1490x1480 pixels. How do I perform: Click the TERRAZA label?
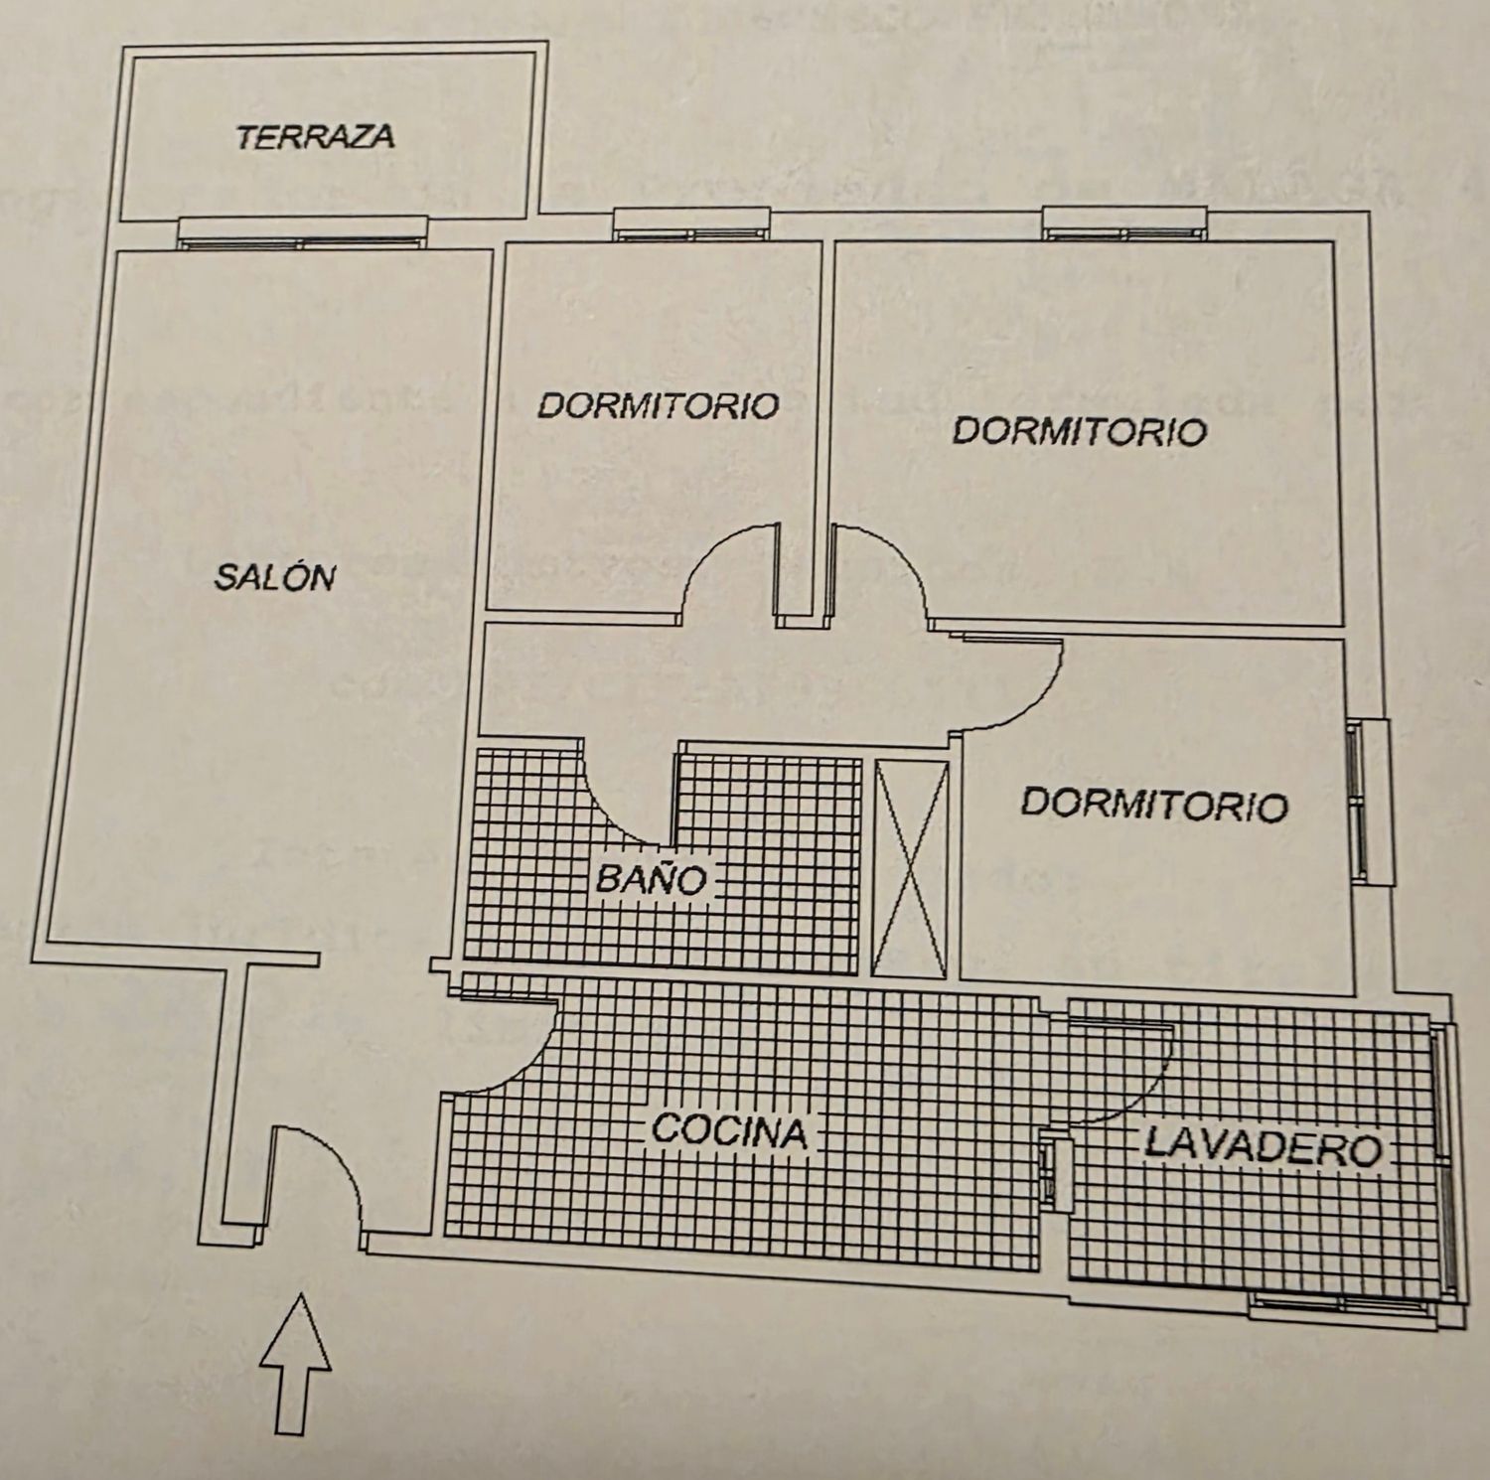pos(316,136)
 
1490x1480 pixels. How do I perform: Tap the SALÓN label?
pos(275,576)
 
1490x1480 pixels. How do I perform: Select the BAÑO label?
pos(651,879)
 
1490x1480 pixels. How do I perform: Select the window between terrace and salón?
pos(303,231)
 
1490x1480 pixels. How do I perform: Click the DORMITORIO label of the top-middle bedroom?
pos(658,405)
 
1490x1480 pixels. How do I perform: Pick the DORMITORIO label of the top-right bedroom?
pos(1080,431)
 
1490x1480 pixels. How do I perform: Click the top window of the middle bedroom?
pos(691,224)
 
